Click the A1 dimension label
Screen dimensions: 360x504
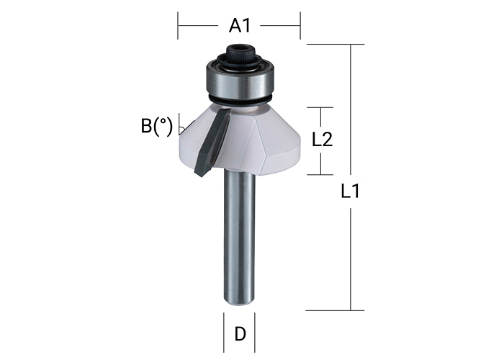click(x=239, y=26)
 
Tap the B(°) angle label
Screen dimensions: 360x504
click(x=156, y=126)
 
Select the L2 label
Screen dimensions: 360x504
click(x=321, y=140)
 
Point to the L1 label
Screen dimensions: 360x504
click(x=351, y=192)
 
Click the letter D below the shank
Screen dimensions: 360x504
click(x=240, y=334)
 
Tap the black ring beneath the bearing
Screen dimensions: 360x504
click(x=239, y=99)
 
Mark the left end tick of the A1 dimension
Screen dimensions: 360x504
click(x=179, y=26)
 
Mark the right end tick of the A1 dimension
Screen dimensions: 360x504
click(x=300, y=26)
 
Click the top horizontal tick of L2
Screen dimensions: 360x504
click(x=321, y=108)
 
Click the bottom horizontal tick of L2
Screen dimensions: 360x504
click(x=321, y=174)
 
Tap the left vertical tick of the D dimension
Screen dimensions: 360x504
click(x=224, y=333)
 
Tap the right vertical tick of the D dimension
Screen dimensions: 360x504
click(x=256, y=333)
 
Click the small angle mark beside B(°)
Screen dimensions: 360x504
click(x=184, y=129)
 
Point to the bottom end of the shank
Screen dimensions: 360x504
click(x=240, y=301)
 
